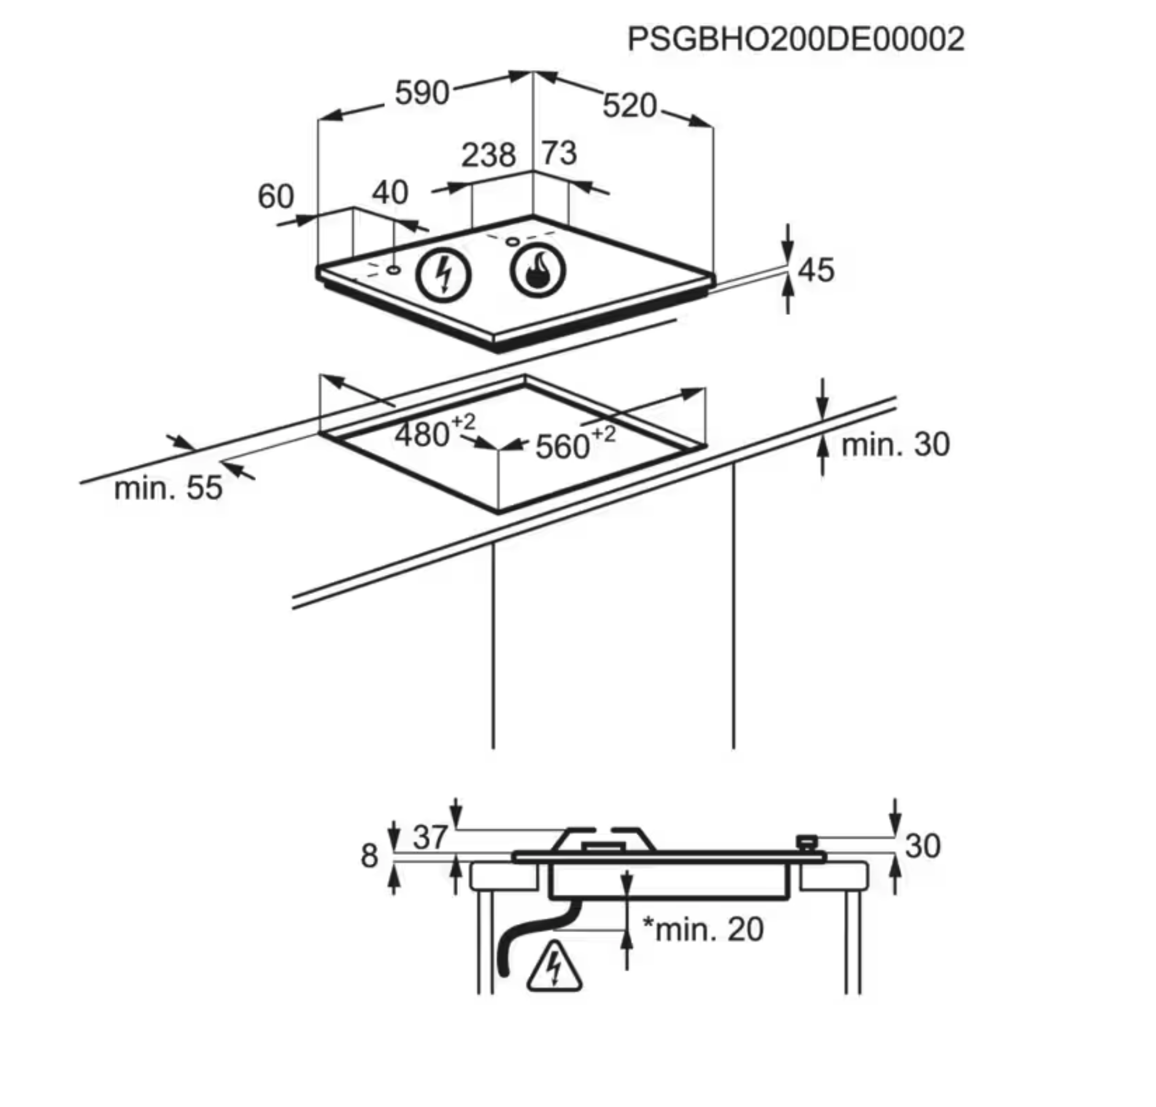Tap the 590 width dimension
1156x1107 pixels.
pos(422,93)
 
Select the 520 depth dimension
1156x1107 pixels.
pos(630,106)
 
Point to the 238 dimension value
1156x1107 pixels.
pos(488,155)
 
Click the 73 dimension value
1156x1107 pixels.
pos(559,153)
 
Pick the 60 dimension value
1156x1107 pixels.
pos(276,197)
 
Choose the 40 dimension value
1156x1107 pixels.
pos(390,193)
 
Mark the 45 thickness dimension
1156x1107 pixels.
pos(817,270)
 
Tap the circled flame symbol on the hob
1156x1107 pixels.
pos(538,271)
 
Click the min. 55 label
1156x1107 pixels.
pos(168,488)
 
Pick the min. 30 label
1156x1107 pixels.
pos(895,444)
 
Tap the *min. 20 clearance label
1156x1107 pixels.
pos(703,929)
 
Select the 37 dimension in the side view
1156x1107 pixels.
pos(430,837)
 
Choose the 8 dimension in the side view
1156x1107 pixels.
pos(369,855)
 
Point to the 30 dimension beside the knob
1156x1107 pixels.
pos(922,846)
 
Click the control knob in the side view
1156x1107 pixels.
pos(807,841)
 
